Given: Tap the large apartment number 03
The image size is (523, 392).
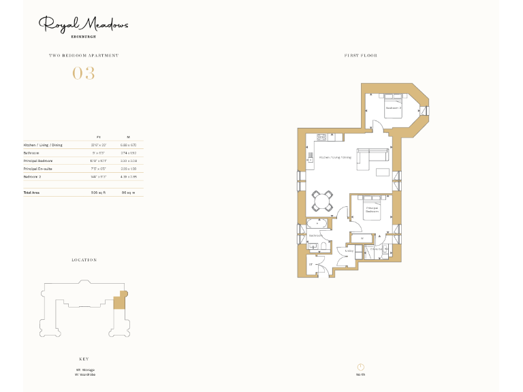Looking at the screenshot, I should tap(84, 73).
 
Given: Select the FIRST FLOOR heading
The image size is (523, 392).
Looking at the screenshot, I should tap(361, 56).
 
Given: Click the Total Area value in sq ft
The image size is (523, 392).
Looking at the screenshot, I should tap(99, 193).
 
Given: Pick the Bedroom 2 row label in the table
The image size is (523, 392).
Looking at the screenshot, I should tap(33, 176).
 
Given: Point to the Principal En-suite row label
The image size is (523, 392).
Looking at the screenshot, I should tap(38, 168).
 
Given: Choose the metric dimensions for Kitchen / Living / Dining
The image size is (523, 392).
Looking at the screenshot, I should tap(129, 145).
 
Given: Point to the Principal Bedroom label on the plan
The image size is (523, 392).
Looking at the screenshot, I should tap(372, 210).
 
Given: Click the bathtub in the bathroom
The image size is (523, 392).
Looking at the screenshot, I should tap(317, 223).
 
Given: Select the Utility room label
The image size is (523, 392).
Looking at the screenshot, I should tap(349, 251).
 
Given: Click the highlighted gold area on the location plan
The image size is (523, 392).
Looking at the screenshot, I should tap(120, 299).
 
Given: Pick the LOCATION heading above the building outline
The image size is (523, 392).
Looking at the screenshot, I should tap(84, 260).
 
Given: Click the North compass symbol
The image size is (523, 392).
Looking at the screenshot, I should tap(360, 367).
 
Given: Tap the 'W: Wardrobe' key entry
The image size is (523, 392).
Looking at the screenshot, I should tap(86, 374).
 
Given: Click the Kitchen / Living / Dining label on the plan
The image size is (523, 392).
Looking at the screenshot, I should tap(335, 157).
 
